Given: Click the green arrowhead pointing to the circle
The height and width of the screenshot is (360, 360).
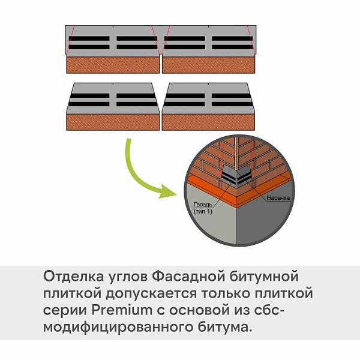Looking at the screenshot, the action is [167, 192].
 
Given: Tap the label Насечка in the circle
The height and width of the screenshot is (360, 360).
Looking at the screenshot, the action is [278, 197].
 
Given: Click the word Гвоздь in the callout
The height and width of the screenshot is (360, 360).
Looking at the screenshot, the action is [203, 205].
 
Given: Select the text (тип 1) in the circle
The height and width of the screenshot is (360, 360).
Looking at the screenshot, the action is [203, 211].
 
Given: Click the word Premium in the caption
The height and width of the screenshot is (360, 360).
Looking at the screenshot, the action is [122, 310].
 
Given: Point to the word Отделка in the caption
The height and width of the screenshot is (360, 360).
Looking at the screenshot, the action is [73, 276].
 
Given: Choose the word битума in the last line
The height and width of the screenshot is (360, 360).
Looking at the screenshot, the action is [224, 327].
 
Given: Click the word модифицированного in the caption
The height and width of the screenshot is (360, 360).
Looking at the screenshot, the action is [118, 328].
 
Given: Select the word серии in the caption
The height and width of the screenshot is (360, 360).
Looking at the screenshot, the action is [65, 311].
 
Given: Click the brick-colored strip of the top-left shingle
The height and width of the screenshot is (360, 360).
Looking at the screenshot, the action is [113, 65].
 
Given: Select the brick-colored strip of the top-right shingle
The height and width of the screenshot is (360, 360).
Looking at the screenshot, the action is [209, 65].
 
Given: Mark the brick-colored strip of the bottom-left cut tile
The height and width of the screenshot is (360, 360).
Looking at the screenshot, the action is [113, 122].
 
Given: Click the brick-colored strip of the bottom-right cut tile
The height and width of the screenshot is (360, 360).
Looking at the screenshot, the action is [209, 122].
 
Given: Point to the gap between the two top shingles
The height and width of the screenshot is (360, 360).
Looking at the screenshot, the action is [161, 64].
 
